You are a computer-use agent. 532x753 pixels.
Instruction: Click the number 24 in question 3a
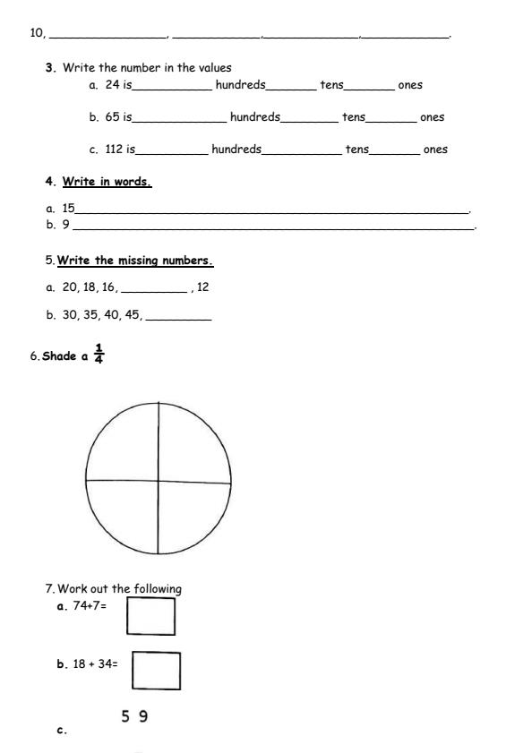pos(112,85)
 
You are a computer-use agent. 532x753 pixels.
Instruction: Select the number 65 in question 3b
pos(112,117)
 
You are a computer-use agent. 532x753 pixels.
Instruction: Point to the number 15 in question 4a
pos(68,208)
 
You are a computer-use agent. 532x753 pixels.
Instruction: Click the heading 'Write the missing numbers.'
pos(135,261)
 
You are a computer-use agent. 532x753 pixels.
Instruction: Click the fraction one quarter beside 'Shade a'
pos(99,355)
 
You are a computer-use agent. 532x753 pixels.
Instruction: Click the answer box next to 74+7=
pos(150,615)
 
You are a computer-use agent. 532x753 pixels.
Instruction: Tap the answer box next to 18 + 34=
pos(156,670)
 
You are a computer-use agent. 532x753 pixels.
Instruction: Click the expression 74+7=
pos(90,606)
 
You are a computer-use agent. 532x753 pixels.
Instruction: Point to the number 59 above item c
pos(134,716)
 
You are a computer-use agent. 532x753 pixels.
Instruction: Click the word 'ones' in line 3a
pos(410,85)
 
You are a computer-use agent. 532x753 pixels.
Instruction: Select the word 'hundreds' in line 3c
pos(236,150)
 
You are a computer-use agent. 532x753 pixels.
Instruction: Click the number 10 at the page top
pos(37,33)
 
